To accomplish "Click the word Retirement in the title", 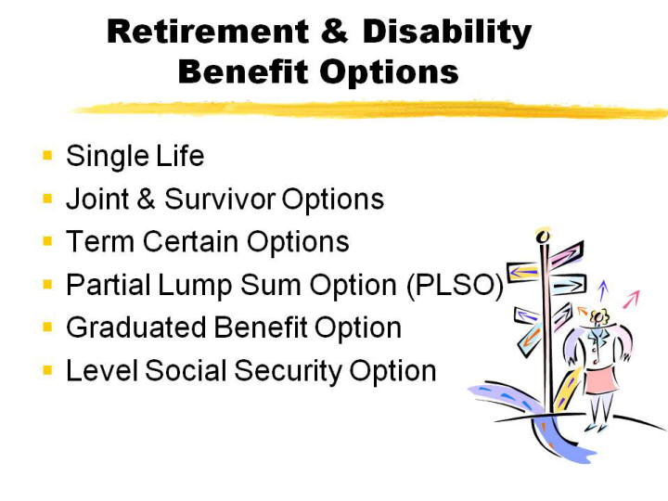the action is coord(209,32).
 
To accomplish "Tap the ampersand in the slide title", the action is coord(334,32).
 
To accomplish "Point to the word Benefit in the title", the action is coord(243,71).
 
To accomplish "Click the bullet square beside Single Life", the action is coord(47,155).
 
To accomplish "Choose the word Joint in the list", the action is coord(97,199).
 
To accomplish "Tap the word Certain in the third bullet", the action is coord(190,241).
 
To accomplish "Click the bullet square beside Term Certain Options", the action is coord(47,241).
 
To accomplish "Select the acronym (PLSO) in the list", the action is coord(455,285).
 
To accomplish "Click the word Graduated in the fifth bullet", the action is coord(135,328).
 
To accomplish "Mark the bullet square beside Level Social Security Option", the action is coord(47,370).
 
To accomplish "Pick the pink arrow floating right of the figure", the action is coord(632,299).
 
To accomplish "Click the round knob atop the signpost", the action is coord(543,236).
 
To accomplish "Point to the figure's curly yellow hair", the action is coord(598,315).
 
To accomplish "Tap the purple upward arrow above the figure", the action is coord(602,290).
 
